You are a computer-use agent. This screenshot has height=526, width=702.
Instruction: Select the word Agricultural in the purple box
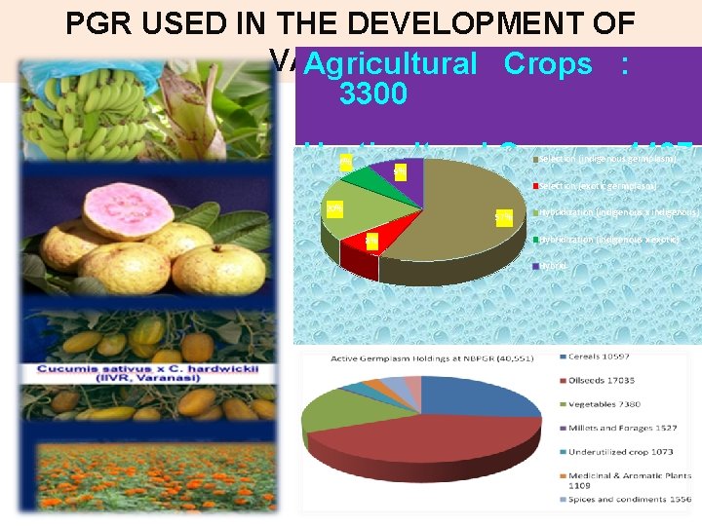click(x=390, y=63)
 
